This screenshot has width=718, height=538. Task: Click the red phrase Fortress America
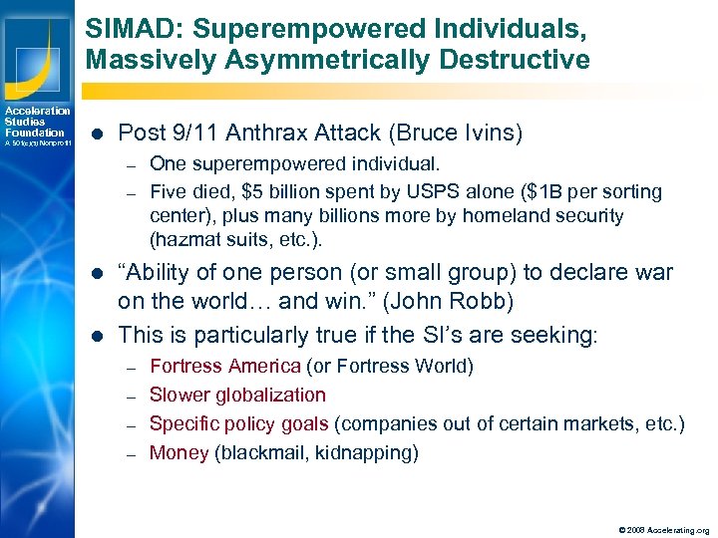point(225,366)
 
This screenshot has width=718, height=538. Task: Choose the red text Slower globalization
point(237,395)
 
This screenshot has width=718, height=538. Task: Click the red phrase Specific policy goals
point(239,423)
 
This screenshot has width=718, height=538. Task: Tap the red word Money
point(179,452)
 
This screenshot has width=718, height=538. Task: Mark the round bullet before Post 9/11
point(96,133)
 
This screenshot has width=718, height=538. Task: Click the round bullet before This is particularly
point(96,336)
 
